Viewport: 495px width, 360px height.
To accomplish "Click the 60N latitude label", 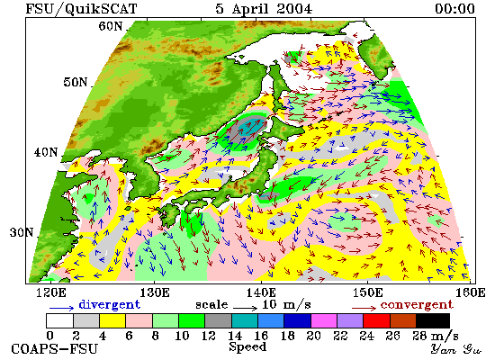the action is (x=110, y=26).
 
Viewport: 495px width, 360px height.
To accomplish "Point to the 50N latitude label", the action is (x=75, y=82).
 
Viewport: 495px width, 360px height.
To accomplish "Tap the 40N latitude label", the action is (x=46, y=152).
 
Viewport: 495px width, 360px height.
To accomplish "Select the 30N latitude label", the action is (x=22, y=232).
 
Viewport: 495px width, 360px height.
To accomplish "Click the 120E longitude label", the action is (x=50, y=292).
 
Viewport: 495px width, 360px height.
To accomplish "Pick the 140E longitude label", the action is (x=261, y=292).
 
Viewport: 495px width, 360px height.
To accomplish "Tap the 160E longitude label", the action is (x=471, y=292).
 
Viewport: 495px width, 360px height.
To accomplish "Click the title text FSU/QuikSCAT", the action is (x=81, y=9).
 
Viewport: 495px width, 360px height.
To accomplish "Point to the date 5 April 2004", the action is (x=264, y=9).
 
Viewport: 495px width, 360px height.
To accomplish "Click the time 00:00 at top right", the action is (x=454, y=9).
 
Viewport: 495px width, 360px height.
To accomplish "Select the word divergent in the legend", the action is (x=109, y=304).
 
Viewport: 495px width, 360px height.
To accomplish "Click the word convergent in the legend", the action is (x=417, y=305).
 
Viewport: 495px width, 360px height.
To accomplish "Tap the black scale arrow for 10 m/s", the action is (x=246, y=307).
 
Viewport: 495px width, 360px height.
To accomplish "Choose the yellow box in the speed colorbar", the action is (x=112, y=320).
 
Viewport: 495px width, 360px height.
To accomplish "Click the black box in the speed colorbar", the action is (x=433, y=320).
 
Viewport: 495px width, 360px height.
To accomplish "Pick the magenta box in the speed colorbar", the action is (x=324, y=320).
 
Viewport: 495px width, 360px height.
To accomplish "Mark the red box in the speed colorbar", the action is (x=376, y=320).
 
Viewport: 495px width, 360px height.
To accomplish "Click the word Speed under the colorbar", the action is (x=247, y=347).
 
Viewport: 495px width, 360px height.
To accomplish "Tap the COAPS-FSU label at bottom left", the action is (x=55, y=349).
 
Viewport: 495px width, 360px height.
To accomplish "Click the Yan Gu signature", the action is (x=456, y=349).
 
